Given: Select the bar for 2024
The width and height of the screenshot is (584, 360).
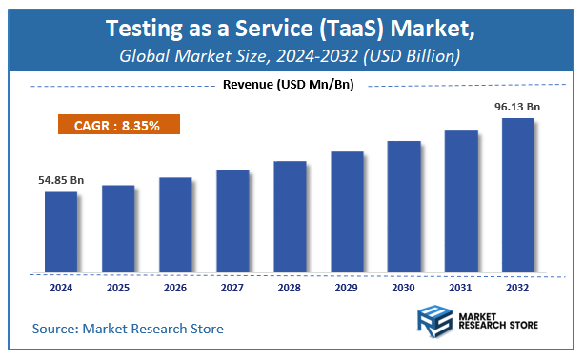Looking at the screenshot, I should tap(61, 230).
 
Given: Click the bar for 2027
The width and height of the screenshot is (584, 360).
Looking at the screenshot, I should tap(232, 220).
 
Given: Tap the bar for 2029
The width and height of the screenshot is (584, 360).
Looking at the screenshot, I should tap(347, 210).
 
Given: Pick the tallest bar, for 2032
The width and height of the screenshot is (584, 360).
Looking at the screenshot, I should tap(518, 194).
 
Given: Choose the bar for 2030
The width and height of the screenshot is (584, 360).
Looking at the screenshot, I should tap(404, 206).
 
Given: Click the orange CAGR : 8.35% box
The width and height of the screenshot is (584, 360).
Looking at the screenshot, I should tap(117, 125).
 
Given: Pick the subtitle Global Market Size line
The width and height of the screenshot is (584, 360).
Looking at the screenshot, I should tap(292, 56).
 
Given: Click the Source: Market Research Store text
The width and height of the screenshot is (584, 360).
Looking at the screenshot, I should tap(129, 329).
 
